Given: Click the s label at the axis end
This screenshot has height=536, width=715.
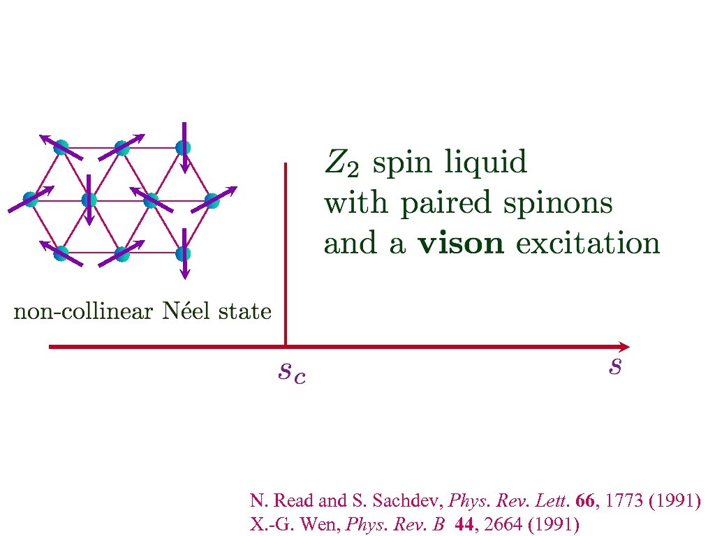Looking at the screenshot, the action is click(x=614, y=365).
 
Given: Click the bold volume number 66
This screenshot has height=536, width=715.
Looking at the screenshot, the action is click(x=587, y=500).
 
